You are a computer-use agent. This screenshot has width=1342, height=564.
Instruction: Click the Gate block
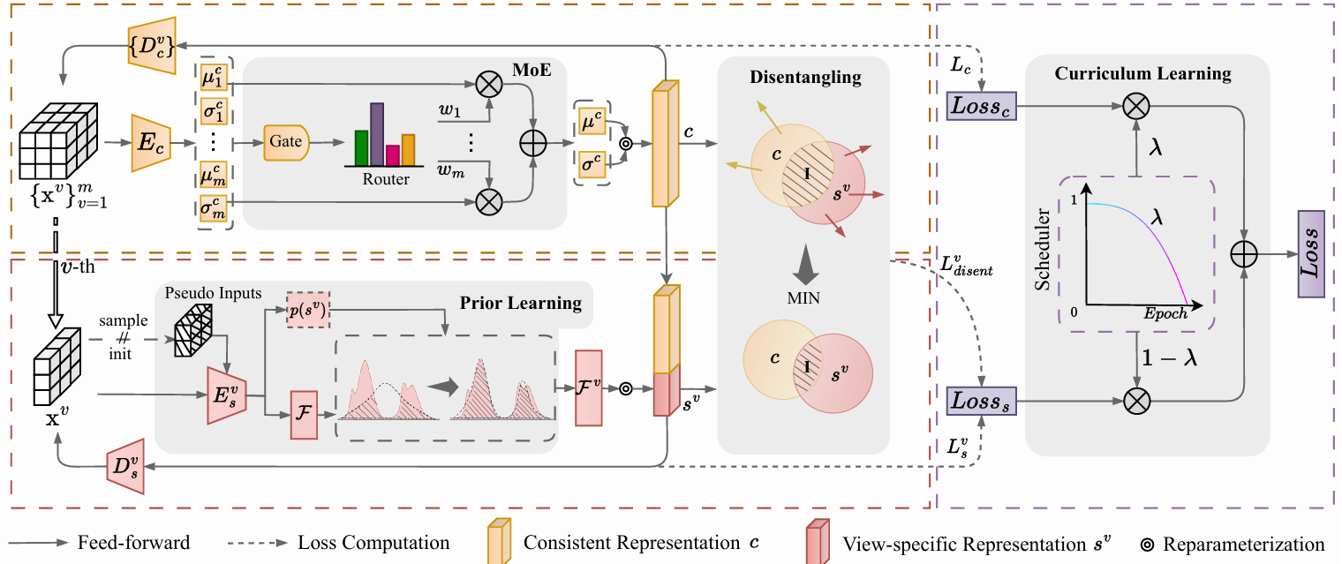[286, 141]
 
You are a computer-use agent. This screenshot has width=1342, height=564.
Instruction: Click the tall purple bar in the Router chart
[377, 133]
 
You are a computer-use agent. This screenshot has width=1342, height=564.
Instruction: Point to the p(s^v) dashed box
[308, 310]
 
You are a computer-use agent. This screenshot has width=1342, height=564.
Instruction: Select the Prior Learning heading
[521, 304]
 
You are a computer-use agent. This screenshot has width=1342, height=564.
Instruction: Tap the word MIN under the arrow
[803, 298]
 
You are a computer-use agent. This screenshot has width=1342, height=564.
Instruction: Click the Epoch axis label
[1165, 313]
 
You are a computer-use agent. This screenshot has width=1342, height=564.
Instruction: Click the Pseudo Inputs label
[207, 291]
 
